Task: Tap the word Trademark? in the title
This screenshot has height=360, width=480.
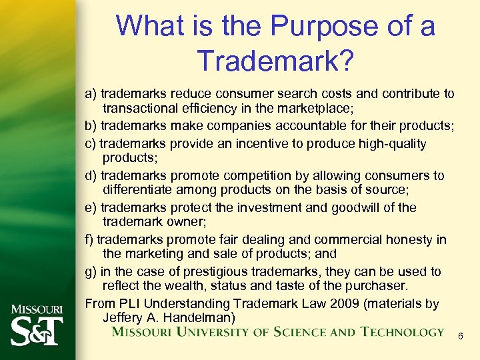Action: [275, 61]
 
